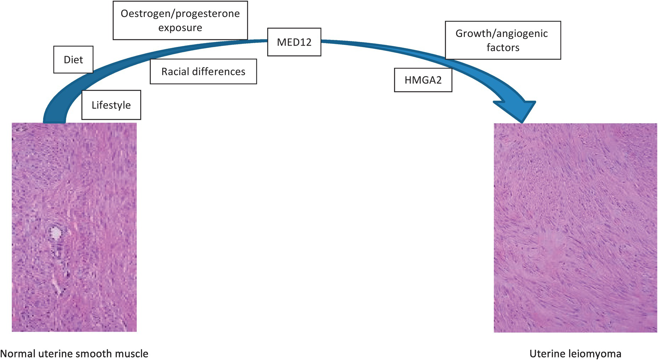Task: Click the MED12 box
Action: click(294, 42)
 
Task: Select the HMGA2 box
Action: click(423, 80)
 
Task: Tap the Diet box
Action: click(73, 60)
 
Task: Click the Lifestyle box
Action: click(111, 105)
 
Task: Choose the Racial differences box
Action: click(203, 72)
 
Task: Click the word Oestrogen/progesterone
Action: click(180, 14)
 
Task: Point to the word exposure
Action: click(180, 28)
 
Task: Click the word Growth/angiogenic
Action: click(502, 34)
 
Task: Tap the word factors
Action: click(503, 48)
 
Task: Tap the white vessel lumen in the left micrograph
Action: click(55, 232)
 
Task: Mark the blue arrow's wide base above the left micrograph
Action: click(54, 118)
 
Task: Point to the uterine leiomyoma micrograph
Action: click(575, 228)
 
